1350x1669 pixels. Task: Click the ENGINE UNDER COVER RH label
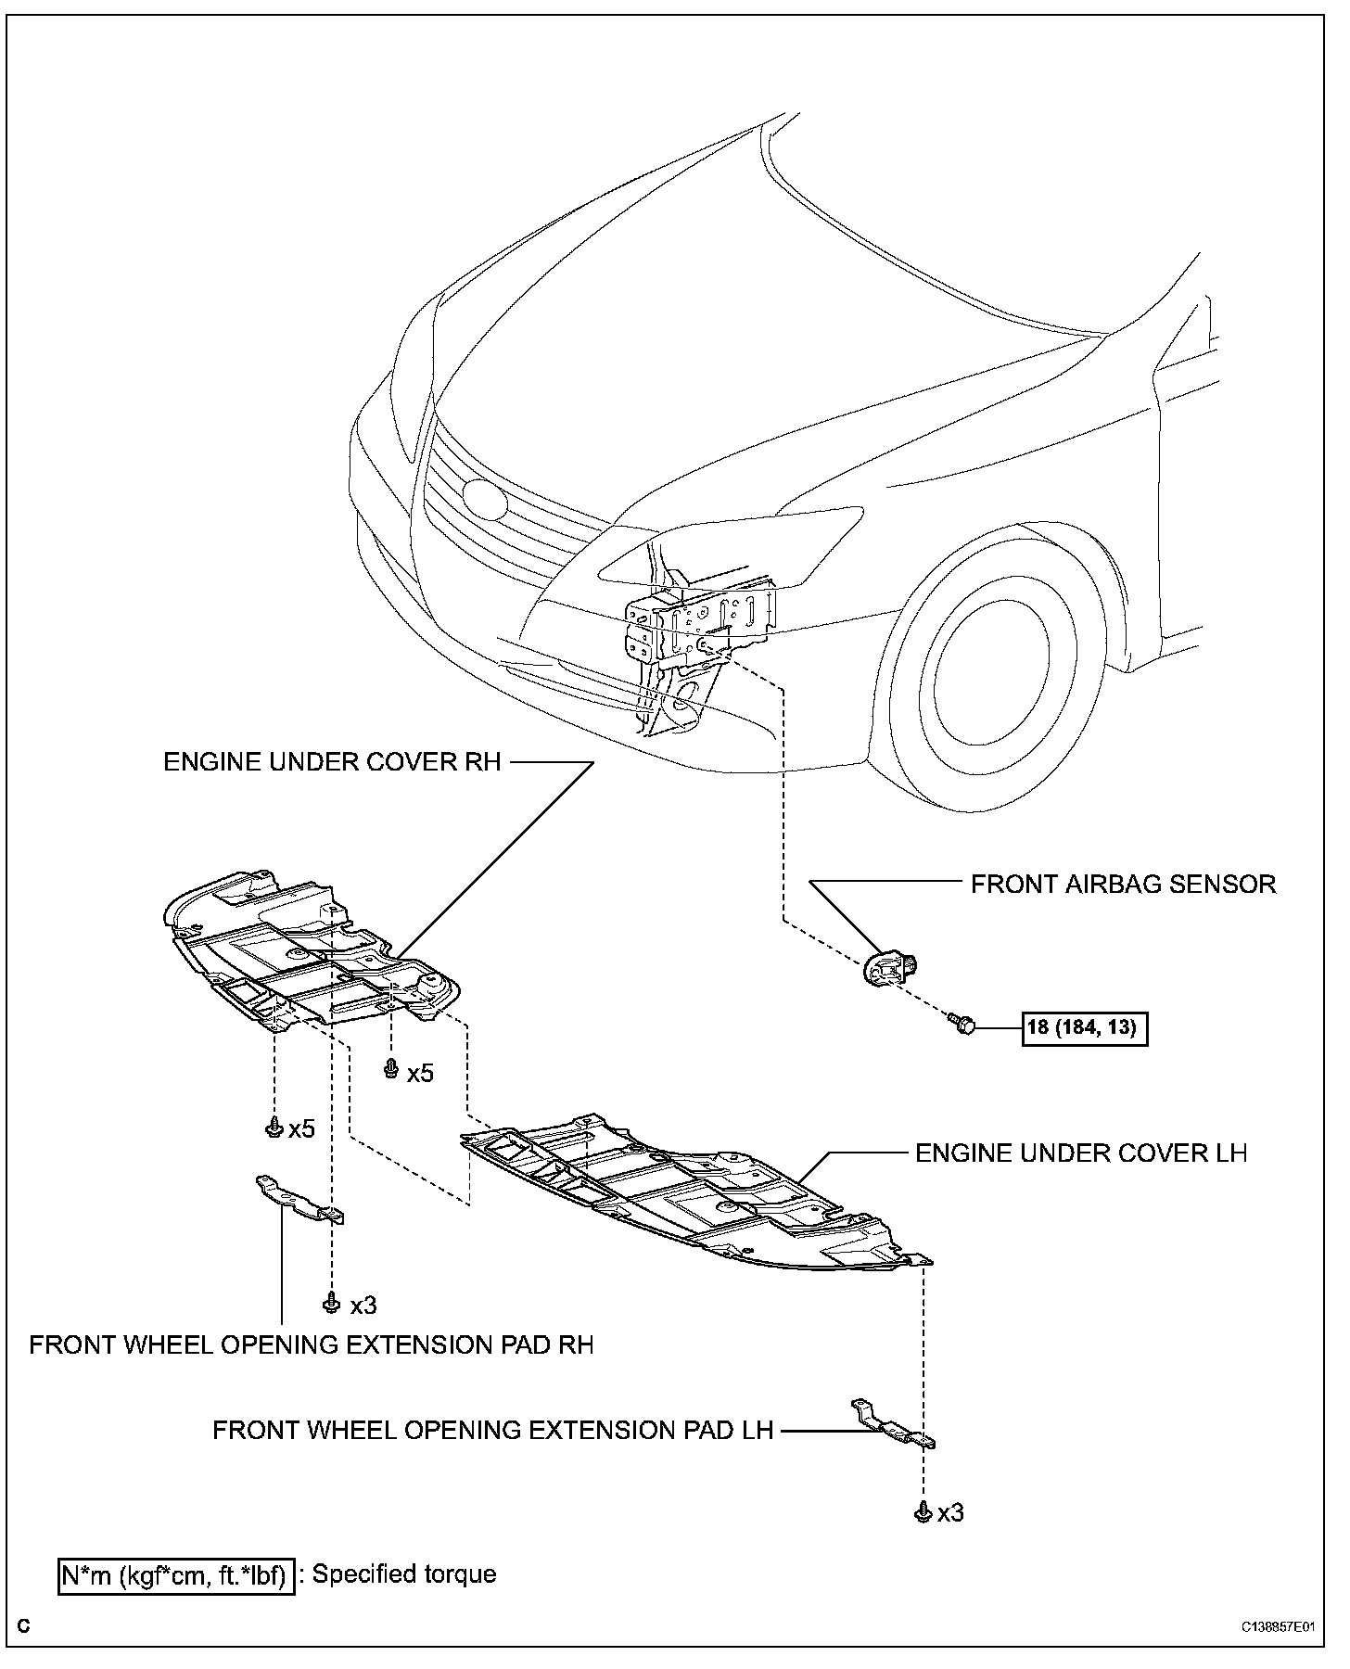[x=332, y=761]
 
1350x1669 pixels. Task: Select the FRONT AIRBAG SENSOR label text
[x=1123, y=884]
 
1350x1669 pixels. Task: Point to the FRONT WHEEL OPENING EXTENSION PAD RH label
[x=311, y=1344]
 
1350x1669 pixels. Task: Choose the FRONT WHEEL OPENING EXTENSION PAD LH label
[x=492, y=1430]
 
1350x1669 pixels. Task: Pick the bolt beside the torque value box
[x=961, y=1025]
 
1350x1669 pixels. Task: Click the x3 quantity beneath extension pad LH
[x=950, y=1513]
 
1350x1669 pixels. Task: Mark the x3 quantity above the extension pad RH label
[x=363, y=1306]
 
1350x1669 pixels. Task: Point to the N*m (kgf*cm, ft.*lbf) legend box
[x=176, y=1574]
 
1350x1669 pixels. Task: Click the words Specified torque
[x=404, y=1573]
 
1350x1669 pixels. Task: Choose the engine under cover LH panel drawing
[x=695, y=1191]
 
